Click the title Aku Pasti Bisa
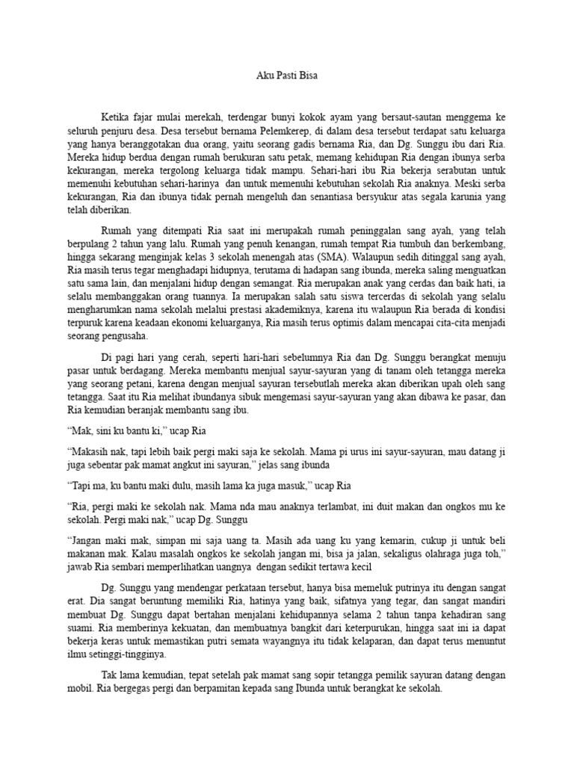287,75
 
